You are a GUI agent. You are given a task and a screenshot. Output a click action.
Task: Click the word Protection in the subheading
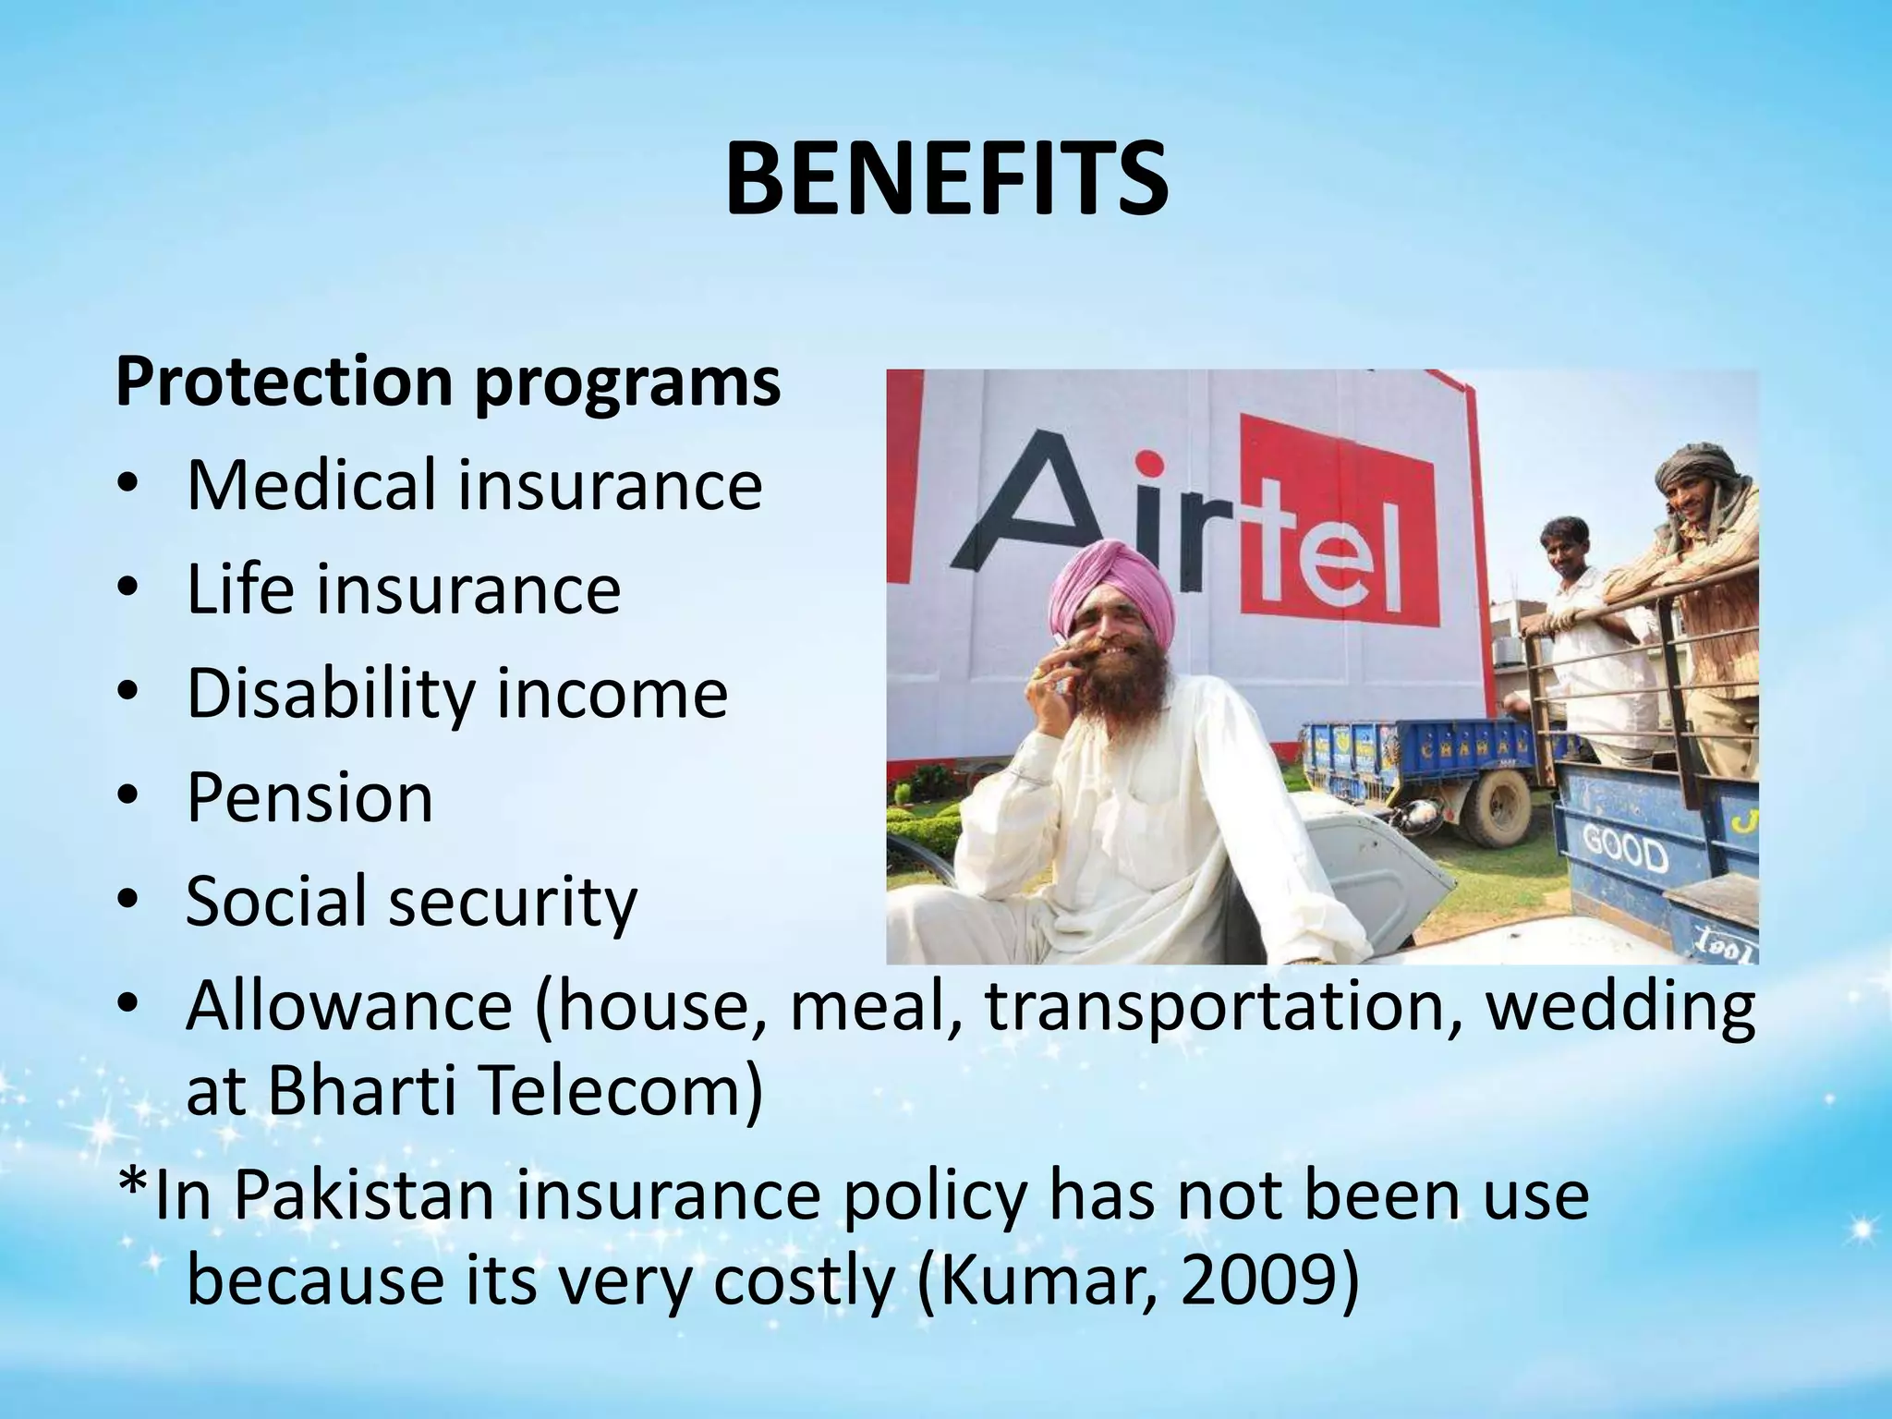(x=285, y=382)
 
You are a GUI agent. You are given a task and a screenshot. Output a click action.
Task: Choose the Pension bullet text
(x=309, y=798)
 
